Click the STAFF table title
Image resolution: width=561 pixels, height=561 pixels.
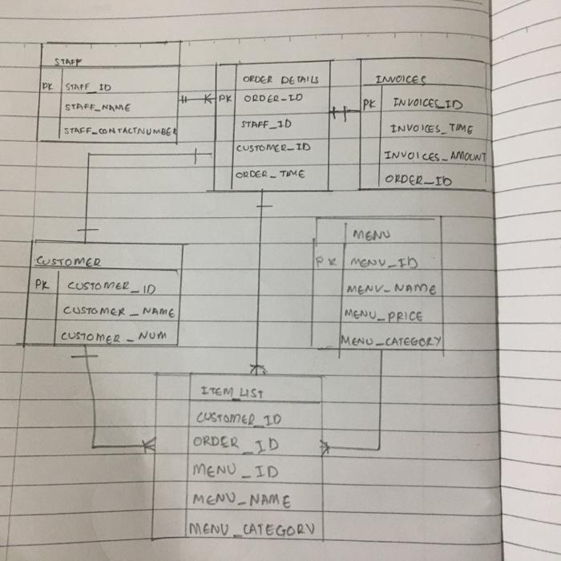70,61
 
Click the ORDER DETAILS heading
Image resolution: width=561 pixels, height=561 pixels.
280,79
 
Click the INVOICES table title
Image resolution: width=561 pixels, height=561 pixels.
401,79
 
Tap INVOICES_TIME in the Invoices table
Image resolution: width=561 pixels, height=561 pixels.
431,129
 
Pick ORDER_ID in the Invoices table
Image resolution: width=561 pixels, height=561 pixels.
418,181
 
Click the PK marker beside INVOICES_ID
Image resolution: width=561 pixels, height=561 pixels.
369,104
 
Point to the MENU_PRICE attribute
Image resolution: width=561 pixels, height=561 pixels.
383,316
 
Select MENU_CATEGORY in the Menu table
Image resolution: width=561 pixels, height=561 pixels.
391,341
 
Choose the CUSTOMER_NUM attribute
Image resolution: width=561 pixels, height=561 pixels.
115,337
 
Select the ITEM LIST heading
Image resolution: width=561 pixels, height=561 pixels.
233,392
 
